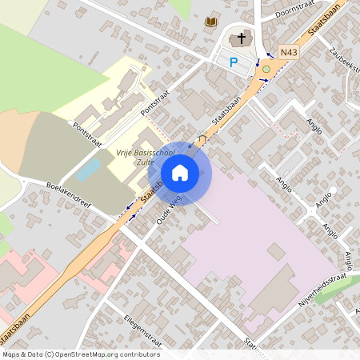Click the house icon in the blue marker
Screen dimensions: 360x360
pos(180,172)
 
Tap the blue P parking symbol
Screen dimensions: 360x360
pos(234,62)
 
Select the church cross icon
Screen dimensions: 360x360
pos(239,38)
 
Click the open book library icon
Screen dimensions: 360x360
pos(211,22)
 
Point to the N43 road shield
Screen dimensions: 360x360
pos(289,53)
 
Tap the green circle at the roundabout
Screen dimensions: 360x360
pos(266,70)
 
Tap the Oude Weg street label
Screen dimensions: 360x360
pos(170,209)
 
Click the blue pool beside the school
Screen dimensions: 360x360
pos(89,169)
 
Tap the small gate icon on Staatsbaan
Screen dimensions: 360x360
pos(202,139)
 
